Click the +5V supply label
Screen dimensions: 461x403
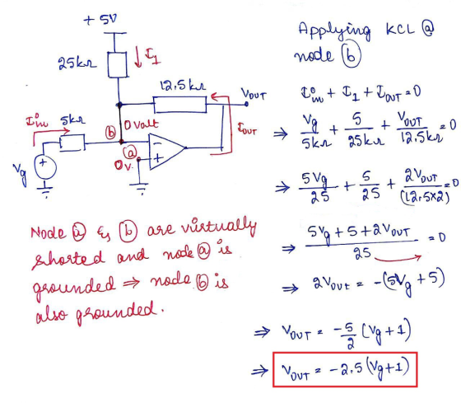tap(100, 20)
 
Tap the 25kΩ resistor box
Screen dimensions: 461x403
tap(118, 65)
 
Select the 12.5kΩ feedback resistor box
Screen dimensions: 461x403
tap(180, 104)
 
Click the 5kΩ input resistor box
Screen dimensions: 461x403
tap(72, 143)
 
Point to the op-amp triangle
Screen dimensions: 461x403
tap(166, 152)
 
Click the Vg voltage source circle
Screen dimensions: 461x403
tap(45, 167)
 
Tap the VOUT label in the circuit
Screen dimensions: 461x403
tap(254, 95)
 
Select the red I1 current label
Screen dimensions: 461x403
tap(152, 56)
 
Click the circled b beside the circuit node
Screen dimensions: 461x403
tap(110, 133)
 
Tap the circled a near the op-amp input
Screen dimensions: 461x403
tap(130, 152)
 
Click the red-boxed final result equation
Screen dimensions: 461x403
tap(345, 369)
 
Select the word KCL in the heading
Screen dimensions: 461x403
tap(401, 29)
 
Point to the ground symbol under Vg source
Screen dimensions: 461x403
tap(45, 189)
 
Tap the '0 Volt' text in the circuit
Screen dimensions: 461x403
tap(141, 124)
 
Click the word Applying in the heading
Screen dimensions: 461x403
tap(334, 30)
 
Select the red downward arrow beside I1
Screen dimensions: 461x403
tap(138, 57)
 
